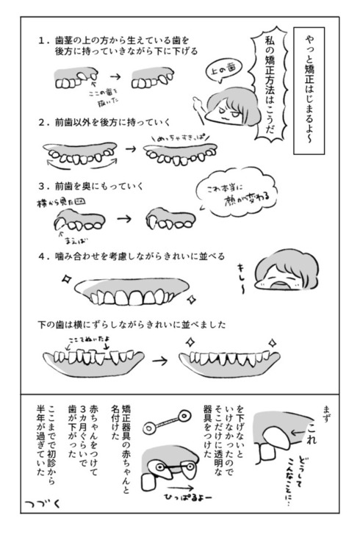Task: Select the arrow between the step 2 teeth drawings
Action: click(x=131, y=150)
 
